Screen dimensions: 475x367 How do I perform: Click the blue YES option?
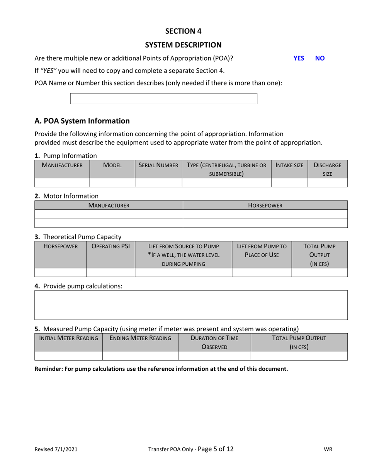299,58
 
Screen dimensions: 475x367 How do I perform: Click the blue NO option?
320,58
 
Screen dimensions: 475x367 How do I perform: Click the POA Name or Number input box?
163,98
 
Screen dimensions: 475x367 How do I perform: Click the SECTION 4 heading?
183,31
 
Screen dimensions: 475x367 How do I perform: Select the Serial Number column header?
158,165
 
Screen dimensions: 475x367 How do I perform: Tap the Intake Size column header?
289,165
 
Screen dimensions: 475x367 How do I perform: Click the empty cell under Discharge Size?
328,183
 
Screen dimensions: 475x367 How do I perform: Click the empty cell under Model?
112,183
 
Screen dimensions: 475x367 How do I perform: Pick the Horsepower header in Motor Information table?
265,205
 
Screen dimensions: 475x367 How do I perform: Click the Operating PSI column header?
110,246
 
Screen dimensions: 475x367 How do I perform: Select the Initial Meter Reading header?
69,338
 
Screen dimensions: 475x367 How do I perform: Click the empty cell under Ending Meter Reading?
140,356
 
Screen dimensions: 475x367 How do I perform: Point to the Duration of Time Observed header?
214,342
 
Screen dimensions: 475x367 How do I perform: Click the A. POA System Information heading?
82,121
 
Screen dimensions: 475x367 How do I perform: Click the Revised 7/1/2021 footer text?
56,449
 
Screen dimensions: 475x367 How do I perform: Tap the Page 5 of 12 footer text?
215,449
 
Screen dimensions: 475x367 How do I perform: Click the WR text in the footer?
328,449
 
